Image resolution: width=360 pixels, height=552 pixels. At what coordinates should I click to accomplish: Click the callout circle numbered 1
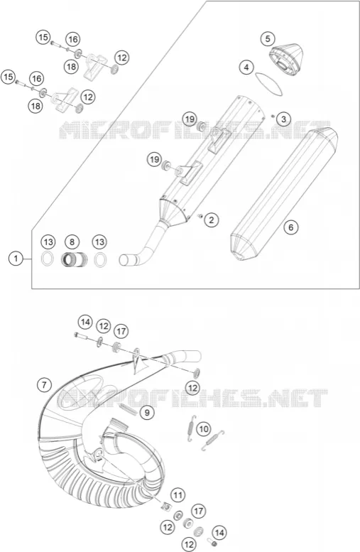16,259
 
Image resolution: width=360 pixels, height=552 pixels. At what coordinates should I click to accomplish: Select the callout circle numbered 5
268,39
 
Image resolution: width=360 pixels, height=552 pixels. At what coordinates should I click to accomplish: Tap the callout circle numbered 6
290,227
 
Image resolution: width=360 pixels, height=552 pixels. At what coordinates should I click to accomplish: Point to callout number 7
44,385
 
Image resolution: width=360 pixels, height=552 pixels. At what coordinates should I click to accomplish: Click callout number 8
72,242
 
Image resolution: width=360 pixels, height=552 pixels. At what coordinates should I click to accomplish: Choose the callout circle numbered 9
147,412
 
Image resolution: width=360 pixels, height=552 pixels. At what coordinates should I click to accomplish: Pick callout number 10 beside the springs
204,429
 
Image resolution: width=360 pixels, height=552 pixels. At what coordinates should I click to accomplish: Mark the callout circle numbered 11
178,496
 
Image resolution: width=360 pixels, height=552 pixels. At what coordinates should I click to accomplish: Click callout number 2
211,220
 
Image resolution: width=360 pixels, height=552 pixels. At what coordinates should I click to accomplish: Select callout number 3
283,119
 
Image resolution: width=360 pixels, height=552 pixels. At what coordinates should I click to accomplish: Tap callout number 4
246,67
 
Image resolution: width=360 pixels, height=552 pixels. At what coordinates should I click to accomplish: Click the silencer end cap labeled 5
286,60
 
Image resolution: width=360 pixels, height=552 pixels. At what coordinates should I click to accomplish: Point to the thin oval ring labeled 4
269,83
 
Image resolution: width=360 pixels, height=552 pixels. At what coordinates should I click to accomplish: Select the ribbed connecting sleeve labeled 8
72,260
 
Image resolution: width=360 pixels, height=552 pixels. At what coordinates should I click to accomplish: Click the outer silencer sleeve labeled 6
284,195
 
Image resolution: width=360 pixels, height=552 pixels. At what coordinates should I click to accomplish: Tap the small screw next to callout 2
200,215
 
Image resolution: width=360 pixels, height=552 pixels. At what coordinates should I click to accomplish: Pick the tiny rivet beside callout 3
273,116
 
